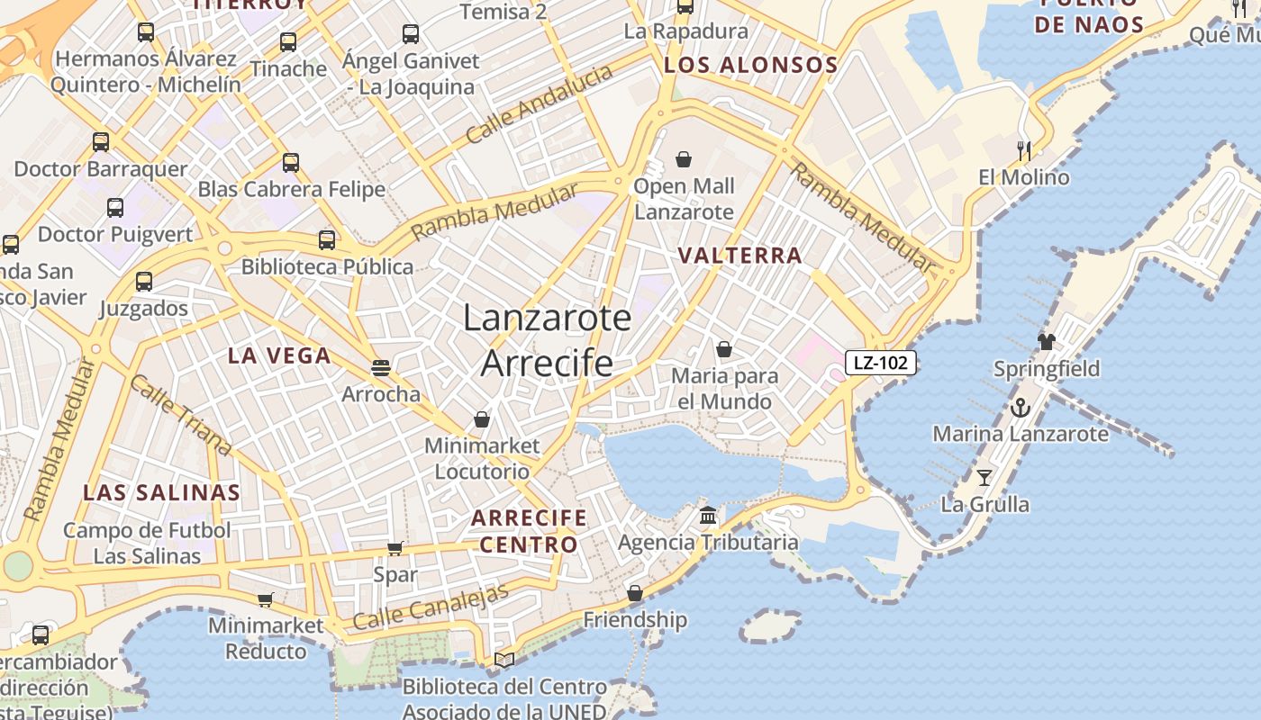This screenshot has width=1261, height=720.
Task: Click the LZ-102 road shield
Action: coord(880,363)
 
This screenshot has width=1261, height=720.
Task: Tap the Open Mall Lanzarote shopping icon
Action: coord(684,160)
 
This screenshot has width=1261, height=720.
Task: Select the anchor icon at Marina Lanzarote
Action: coord(1020,408)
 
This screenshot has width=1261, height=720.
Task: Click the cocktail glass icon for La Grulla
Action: coord(984,477)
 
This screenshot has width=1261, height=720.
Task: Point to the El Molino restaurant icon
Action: coord(1023,150)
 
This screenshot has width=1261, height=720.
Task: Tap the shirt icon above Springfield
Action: coord(1046,342)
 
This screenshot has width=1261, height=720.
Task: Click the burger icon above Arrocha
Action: coord(381,367)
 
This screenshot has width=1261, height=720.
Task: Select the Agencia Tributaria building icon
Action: coord(708,516)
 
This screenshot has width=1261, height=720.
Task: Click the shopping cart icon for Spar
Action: coord(395,548)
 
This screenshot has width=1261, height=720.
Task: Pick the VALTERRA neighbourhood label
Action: coord(739,256)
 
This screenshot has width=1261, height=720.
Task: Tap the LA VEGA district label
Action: coord(279,355)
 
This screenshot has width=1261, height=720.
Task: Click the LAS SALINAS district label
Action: coord(162,492)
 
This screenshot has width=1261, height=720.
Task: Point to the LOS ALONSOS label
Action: coord(750,65)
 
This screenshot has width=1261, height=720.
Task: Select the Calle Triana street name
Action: coord(180,415)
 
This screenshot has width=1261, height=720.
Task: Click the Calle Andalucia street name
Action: coord(539,104)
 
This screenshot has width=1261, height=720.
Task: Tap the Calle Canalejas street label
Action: coord(431,607)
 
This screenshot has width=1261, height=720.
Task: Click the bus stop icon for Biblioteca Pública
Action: coord(327,240)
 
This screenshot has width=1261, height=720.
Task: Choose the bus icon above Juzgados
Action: coord(144,281)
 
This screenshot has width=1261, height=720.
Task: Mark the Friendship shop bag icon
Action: coord(635,593)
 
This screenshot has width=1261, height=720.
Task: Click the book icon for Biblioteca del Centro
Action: coord(504,661)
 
